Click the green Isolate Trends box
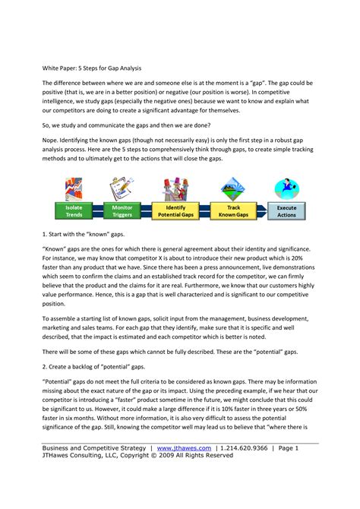tap(74, 210)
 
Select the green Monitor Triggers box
tap(122, 210)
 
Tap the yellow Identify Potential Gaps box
tap(175, 210)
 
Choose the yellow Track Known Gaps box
tap(232, 210)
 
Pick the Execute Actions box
tap(286, 210)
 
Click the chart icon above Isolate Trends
tap(74, 189)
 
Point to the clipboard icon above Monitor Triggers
tap(122, 189)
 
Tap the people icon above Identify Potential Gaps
tap(175, 189)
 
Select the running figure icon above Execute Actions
tap(286, 188)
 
